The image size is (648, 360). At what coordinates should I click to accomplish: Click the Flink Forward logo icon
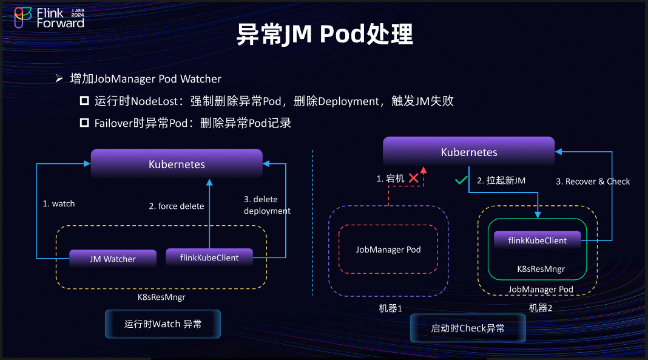coord(22,18)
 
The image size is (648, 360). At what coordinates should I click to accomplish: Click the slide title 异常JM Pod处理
coord(324,36)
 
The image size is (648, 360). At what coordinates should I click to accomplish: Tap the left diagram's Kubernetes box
coord(177,164)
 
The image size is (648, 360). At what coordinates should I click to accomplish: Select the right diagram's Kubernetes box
coord(468,152)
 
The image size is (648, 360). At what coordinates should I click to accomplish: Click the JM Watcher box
coord(113,259)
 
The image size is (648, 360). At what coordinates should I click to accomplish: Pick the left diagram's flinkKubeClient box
coord(209,257)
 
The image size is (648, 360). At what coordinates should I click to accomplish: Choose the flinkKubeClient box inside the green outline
coord(538,240)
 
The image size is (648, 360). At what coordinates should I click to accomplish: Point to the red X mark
coord(414,178)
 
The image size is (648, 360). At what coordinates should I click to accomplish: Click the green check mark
coord(461,180)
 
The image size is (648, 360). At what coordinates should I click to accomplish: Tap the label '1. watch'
coord(59,203)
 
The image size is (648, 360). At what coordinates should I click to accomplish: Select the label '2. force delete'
coord(177,206)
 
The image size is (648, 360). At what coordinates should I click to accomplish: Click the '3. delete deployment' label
coord(267,205)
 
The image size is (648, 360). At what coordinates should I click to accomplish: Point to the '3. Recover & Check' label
coord(593,181)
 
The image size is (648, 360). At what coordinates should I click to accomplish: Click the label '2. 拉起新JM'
coord(501,180)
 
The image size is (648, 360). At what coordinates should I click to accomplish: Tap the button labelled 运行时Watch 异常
coord(163,324)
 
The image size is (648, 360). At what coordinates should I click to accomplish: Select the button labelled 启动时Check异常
coord(467,328)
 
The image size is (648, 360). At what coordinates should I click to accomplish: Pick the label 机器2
coord(541,308)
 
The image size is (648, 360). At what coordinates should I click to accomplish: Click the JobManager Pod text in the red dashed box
coord(388,250)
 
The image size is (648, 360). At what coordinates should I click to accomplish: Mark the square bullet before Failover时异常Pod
coord(84,123)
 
